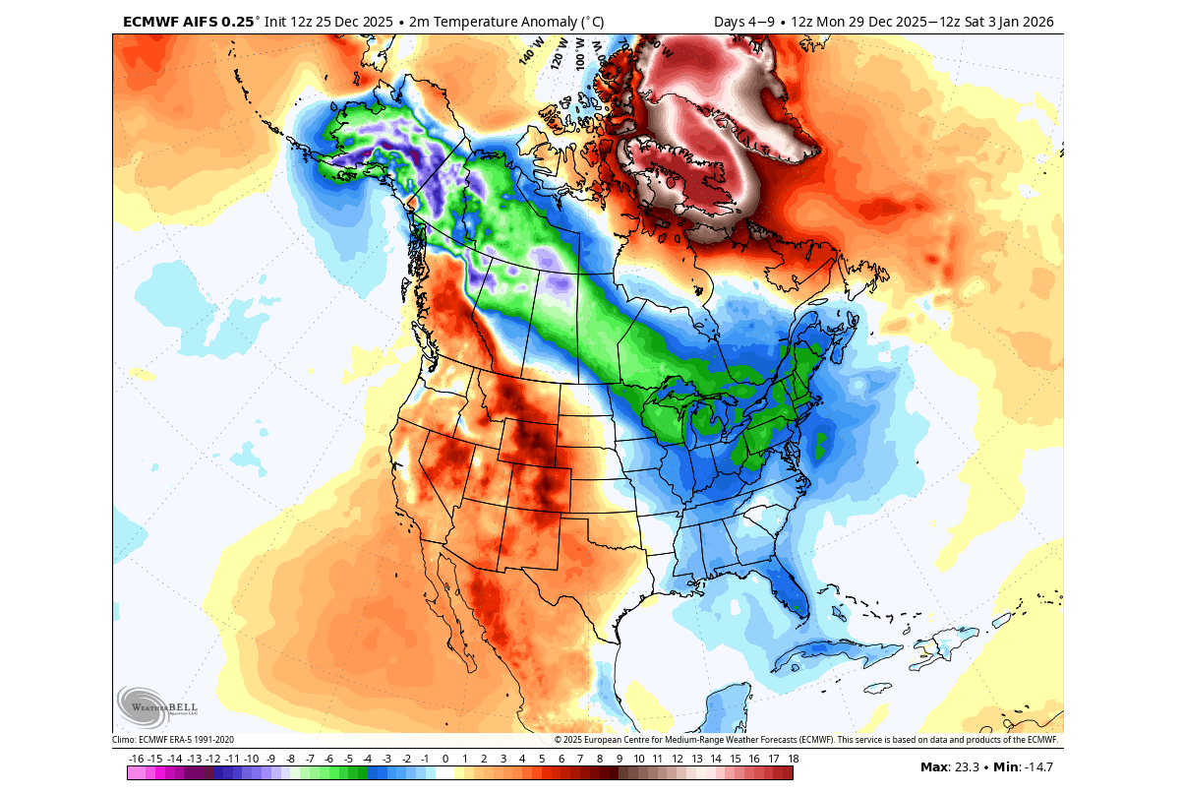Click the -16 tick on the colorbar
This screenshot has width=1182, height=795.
coord(137,759)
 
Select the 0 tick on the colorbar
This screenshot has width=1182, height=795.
coord(444,759)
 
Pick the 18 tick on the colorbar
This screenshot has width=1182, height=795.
coord(792,759)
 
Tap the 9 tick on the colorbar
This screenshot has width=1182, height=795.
coord(619,759)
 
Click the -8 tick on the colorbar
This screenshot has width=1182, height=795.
coord(290,759)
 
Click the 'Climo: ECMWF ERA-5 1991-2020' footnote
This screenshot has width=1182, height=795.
coord(173,739)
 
